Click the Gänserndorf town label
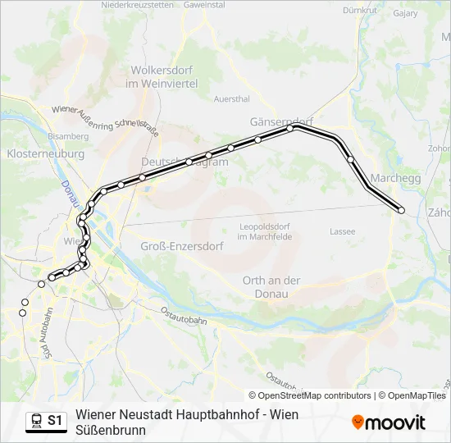pyautogui.click(x=281, y=121)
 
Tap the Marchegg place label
pyautogui.click(x=395, y=178)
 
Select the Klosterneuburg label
pyautogui.click(x=45, y=153)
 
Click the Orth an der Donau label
pyautogui.click(x=271, y=286)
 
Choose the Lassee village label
pyautogui.click(x=343, y=231)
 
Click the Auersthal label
pyautogui.click(x=231, y=99)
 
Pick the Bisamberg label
pyautogui.click(x=68, y=135)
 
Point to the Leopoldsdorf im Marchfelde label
pyautogui.click(x=265, y=231)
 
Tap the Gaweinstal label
pyautogui.click(x=205, y=5)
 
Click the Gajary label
pyautogui.click(x=405, y=13)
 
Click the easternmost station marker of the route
pyautogui.click(x=402, y=211)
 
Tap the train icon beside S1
pyautogui.click(x=37, y=421)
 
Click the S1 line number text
pyautogui.click(x=55, y=421)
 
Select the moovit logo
pyautogui.click(x=389, y=422)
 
